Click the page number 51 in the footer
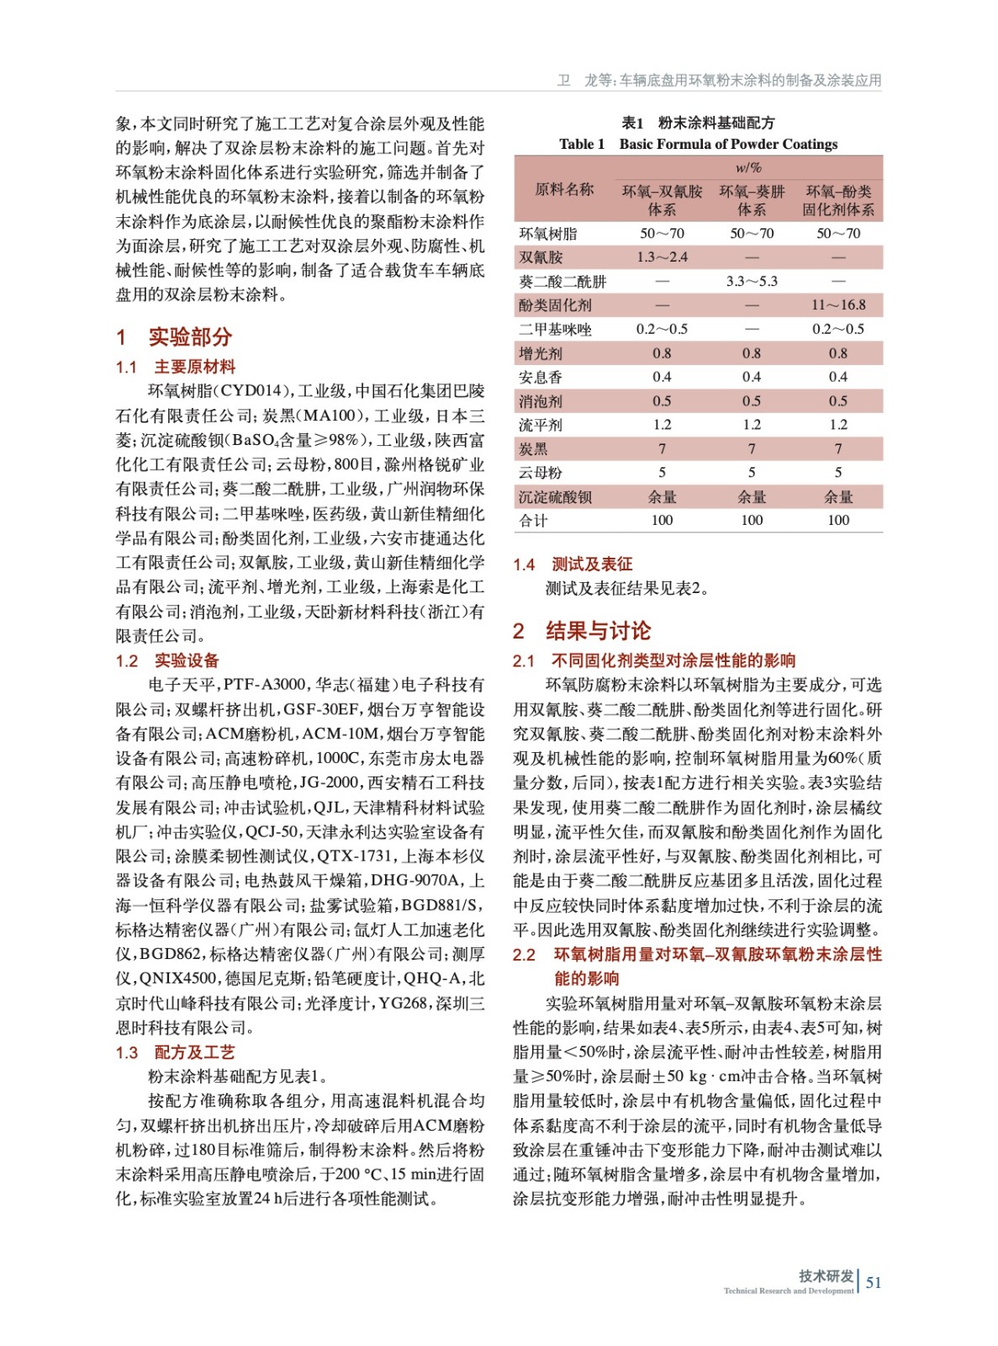click(x=874, y=1282)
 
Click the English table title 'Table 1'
click(x=581, y=144)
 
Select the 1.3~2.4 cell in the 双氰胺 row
click(x=662, y=257)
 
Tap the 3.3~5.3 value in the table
click(x=752, y=281)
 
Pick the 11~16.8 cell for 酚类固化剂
click(x=838, y=305)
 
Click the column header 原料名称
click(x=564, y=190)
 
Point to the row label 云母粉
click(x=541, y=473)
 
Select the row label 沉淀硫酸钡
click(x=555, y=497)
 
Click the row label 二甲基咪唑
click(x=555, y=329)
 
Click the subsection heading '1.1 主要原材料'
click(x=176, y=367)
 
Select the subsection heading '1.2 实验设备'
click(x=167, y=660)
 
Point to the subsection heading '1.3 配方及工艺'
click(x=176, y=1052)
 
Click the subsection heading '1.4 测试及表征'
click(x=573, y=564)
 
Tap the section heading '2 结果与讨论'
click(x=582, y=631)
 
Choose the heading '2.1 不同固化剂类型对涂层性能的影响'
click(x=654, y=660)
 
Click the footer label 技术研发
click(x=826, y=1276)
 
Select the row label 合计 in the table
click(x=533, y=521)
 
